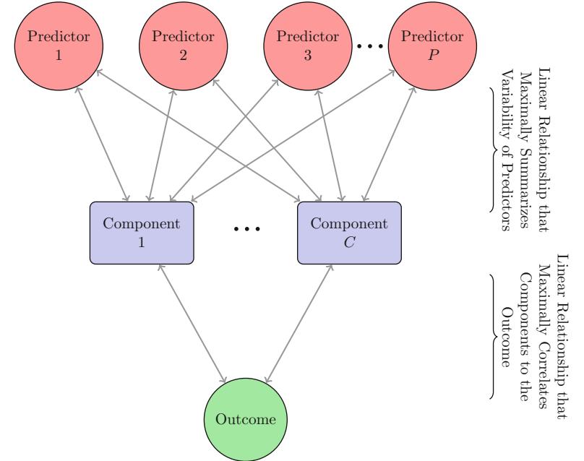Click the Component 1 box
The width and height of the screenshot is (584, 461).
click(x=142, y=232)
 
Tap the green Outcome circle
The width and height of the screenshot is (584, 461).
click(x=242, y=417)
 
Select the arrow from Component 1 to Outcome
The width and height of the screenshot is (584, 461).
click(x=192, y=322)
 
